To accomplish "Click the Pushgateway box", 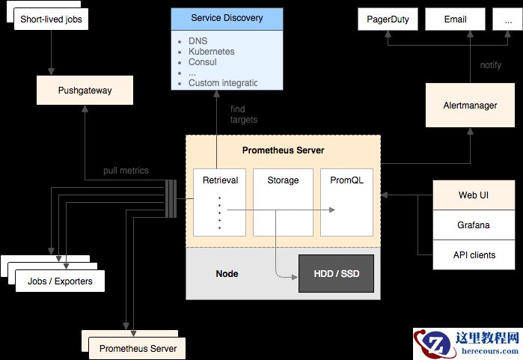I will tap(85, 91).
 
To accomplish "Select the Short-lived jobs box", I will tap(51, 19).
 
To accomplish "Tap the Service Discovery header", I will tap(227, 17).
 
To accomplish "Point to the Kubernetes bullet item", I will tap(211, 52).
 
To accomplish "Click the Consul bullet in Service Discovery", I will tap(203, 62).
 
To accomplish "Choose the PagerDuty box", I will tap(388, 19).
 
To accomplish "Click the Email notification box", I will tap(455, 19).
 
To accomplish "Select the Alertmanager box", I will tap(470, 106).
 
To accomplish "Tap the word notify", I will tap(490, 65).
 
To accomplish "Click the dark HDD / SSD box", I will tap(335, 274).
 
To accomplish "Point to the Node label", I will tap(227, 274).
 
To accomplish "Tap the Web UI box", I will tap(474, 195).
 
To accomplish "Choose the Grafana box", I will tap(474, 225).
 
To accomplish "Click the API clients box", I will tap(474, 254).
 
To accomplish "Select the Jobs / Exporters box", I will tap(60, 281).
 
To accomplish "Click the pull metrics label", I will tap(126, 171).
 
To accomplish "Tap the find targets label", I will tap(243, 115).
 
